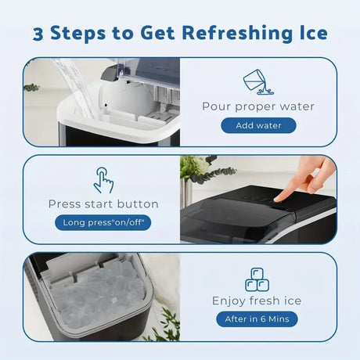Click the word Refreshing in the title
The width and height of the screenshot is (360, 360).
pos(240,34)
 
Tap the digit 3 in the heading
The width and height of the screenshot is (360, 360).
pos(38,34)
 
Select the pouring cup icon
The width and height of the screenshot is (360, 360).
pos(257,81)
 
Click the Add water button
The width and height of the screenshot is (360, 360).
pos(258,125)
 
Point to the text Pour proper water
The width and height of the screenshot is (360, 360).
pos(258,106)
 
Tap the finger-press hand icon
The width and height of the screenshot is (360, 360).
pos(103,180)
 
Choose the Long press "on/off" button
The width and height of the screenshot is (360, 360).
pos(103,222)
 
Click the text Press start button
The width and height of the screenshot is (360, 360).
pos(103,204)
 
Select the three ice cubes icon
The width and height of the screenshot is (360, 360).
pos(257,279)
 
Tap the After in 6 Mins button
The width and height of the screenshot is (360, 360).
pos(257,319)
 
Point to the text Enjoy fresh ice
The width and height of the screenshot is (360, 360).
pos(257,301)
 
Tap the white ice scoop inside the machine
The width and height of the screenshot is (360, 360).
pos(116,100)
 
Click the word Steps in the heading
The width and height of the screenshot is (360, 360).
pos(78,34)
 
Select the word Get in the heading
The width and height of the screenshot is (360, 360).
pos(157,33)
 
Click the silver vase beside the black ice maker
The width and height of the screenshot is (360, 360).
pos(185,193)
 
